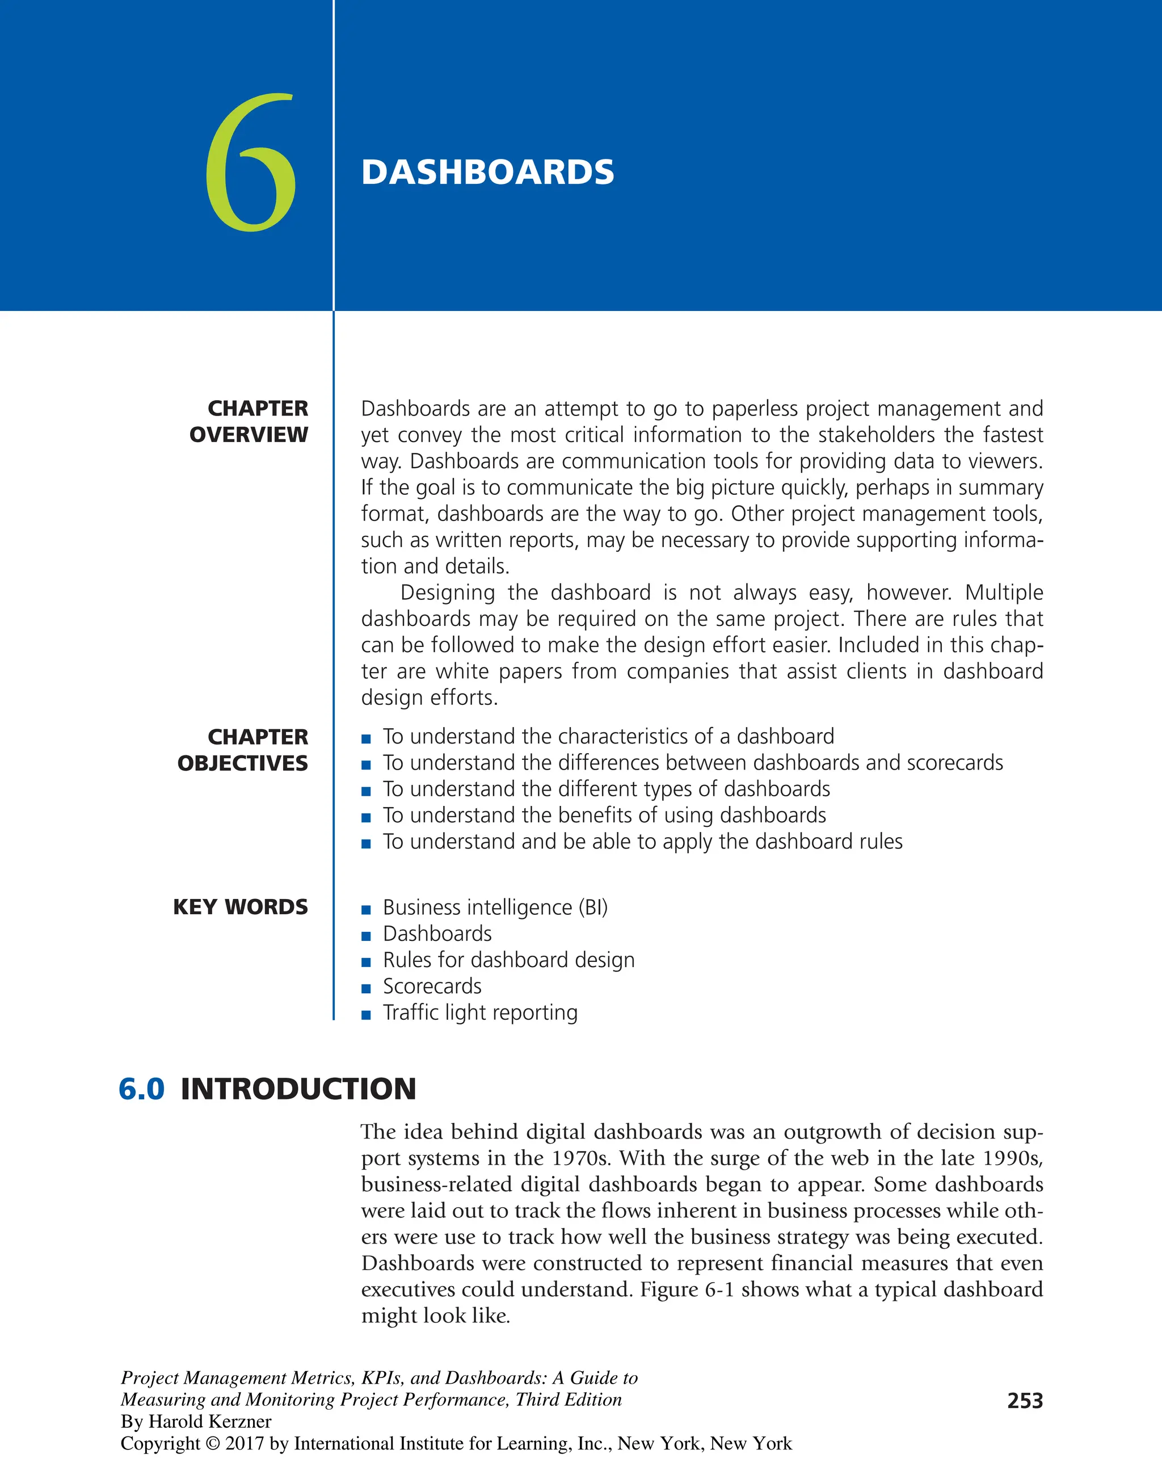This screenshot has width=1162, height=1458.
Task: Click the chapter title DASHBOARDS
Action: pyautogui.click(x=487, y=173)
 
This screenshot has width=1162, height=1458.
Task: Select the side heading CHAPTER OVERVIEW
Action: pyautogui.click(x=249, y=421)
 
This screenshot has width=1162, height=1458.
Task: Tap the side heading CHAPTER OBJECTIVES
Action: pyautogui.click(x=243, y=749)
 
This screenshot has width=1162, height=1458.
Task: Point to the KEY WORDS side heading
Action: pyautogui.click(x=241, y=907)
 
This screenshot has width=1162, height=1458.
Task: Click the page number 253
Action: pyautogui.click(x=1025, y=1401)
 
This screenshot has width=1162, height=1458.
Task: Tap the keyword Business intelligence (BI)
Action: pyautogui.click(x=495, y=907)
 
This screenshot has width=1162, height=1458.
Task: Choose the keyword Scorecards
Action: pyautogui.click(x=432, y=986)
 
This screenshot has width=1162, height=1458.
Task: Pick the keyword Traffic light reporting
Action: pyautogui.click(x=480, y=1013)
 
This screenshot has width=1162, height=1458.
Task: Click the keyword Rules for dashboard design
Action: pyautogui.click(x=508, y=960)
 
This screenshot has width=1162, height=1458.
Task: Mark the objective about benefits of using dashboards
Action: pyautogui.click(x=604, y=816)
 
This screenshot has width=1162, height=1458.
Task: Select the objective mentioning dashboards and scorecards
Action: pyautogui.click(x=692, y=763)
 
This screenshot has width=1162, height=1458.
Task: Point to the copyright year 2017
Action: pyautogui.click(x=245, y=1443)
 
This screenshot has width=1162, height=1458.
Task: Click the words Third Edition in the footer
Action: pyautogui.click(x=569, y=1399)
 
